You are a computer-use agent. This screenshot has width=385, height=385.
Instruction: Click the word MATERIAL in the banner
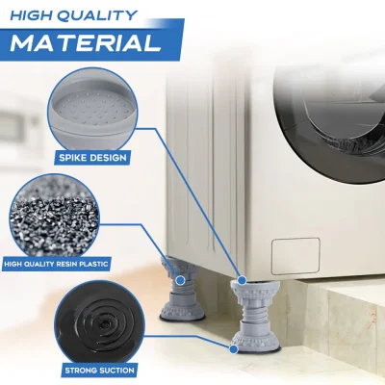coord(86,42)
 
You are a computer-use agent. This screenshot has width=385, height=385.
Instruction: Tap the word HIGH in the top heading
coord(30,15)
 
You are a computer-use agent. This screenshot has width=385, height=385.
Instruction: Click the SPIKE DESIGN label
coord(92,158)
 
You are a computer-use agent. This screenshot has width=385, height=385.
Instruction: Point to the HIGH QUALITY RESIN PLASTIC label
coord(56,265)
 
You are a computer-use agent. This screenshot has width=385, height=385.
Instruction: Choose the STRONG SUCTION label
coord(99,371)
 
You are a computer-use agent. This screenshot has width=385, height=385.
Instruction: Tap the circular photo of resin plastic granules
coord(55,218)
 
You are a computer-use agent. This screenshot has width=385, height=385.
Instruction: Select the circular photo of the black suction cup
coord(100,325)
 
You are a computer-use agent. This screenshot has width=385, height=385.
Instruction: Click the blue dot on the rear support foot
coord(181,280)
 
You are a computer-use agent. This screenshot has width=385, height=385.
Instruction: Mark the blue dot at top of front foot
coord(243,280)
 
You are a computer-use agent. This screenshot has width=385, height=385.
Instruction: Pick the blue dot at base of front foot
coord(234,349)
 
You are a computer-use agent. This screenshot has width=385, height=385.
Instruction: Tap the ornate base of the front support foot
coord(256,340)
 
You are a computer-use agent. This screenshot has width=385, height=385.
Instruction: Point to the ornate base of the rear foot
coord(184,310)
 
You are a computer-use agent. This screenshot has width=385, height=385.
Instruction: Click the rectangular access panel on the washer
coord(295,256)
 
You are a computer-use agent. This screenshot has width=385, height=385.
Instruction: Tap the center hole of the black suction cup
coord(104,324)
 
